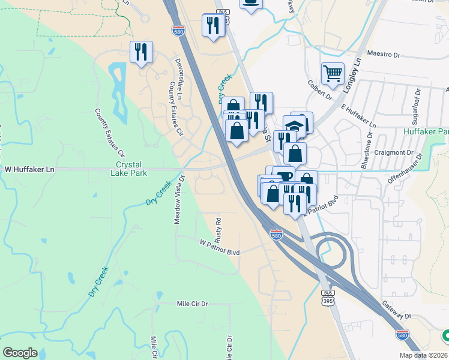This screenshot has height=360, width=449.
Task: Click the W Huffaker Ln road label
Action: click(x=30, y=170)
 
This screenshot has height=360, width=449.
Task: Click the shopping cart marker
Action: click(x=333, y=74)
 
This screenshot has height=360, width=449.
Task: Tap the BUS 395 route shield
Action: click(x=327, y=297)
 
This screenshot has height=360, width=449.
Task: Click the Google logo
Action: click(x=20, y=353)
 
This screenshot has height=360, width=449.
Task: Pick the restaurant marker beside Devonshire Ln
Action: click(x=141, y=52)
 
